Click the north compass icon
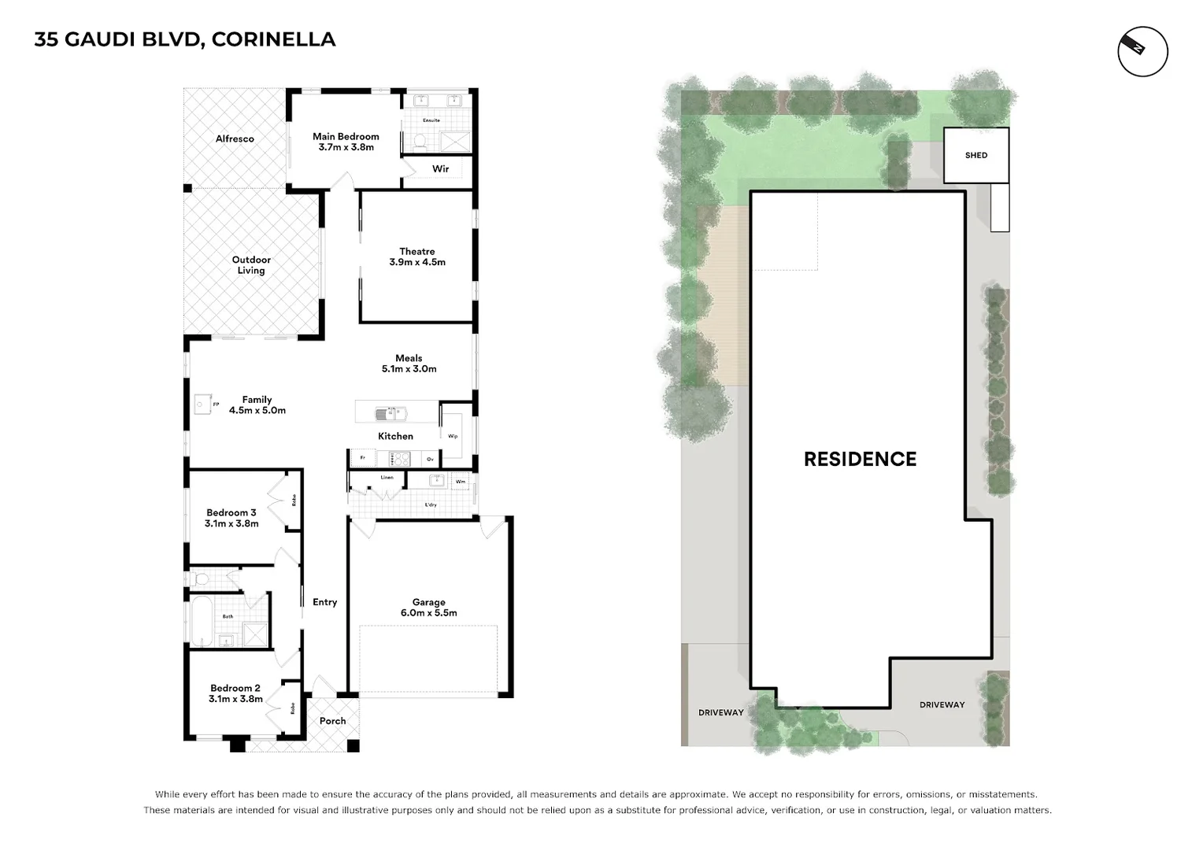point(1142,52)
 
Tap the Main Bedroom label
point(346,136)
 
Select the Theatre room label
point(417,252)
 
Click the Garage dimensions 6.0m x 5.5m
point(428,613)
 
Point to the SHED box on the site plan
point(976,155)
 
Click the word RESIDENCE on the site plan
point(860,460)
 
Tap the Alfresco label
point(235,139)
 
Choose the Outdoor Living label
point(251,265)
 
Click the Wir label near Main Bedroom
point(441,169)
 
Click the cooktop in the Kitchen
point(399,458)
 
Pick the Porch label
point(332,721)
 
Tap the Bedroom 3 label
point(231,512)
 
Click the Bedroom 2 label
point(235,688)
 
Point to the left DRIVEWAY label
point(720,712)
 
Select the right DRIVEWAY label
point(942,704)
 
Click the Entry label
point(324,602)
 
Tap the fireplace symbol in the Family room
point(202,405)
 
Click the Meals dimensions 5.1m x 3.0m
point(409,369)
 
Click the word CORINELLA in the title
point(273,39)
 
